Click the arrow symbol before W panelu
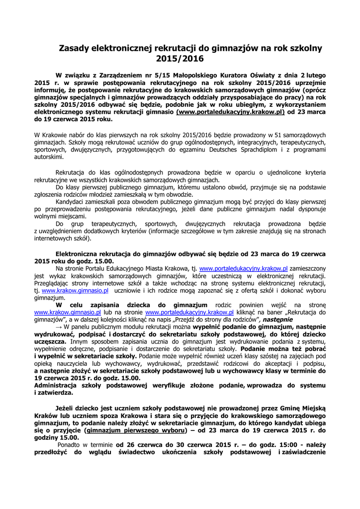click(x=59, y=327)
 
